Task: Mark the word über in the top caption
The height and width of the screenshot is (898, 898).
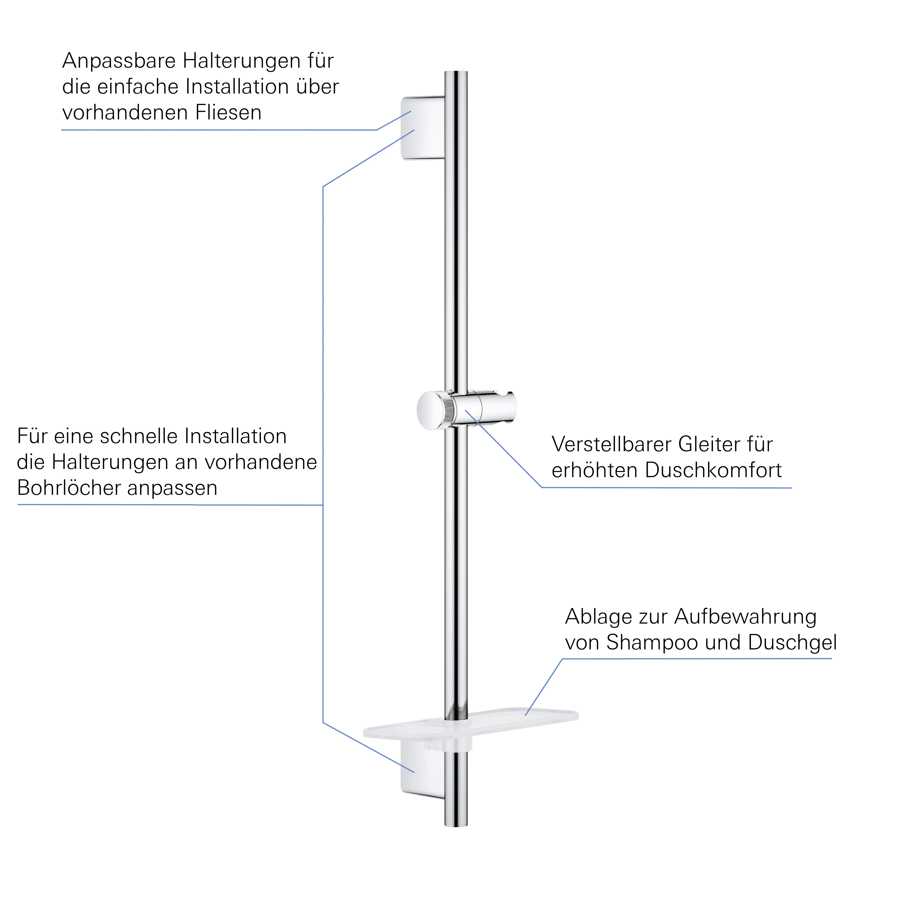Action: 318,87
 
